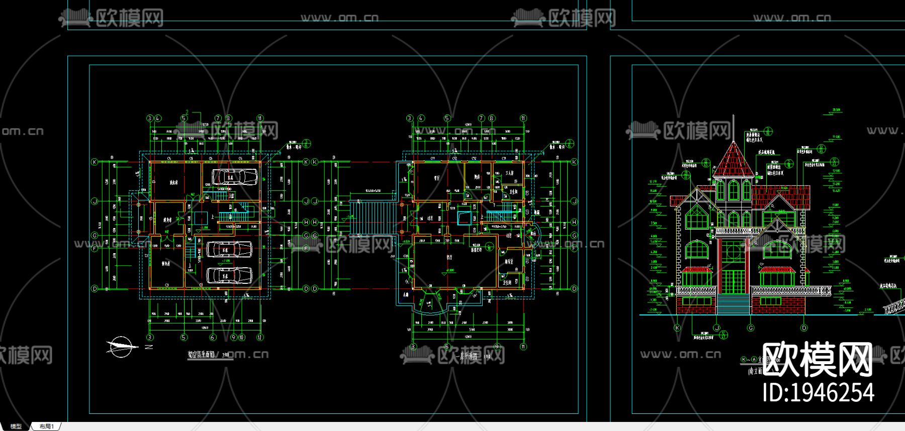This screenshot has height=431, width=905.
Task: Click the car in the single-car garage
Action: click(234, 177)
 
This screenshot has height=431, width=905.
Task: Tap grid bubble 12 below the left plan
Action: click(260, 338)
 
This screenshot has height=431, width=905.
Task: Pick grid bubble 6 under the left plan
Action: click(213, 338)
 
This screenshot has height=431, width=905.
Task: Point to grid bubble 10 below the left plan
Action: click(241, 338)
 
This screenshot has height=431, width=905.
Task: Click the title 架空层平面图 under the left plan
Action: click(201, 354)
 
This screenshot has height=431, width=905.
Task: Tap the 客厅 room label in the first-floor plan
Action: click(449, 257)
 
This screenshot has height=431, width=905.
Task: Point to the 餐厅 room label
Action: click(436, 178)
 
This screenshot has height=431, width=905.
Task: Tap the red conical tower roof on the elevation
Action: click(734, 160)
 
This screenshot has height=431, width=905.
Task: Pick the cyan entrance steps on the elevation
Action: click(734, 304)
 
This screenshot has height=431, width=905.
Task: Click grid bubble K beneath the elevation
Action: click(677, 328)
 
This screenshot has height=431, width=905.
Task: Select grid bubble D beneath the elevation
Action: click(804, 328)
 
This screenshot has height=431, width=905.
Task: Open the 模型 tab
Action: click(16, 426)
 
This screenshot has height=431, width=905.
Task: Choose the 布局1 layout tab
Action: click(46, 426)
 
